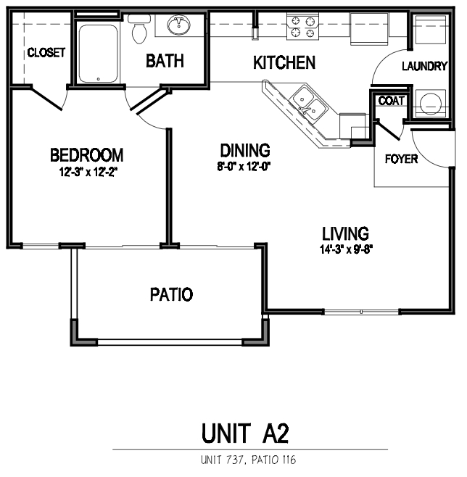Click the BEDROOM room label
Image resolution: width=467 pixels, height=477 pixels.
(86, 155)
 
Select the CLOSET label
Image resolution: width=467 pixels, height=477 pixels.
(46, 53)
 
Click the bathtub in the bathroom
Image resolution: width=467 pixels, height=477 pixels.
(98, 54)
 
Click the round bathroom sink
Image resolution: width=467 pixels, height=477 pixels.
(178, 27)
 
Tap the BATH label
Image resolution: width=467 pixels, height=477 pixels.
(165, 61)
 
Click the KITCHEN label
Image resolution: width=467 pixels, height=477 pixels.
(284, 63)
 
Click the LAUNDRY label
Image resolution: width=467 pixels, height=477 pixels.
(424, 67)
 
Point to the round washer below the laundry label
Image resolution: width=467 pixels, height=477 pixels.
(431, 102)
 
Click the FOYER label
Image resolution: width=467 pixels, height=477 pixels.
(401, 159)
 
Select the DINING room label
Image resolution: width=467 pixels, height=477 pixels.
(245, 151)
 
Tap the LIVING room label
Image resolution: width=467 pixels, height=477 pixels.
(345, 234)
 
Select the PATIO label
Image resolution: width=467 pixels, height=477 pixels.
(171, 295)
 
